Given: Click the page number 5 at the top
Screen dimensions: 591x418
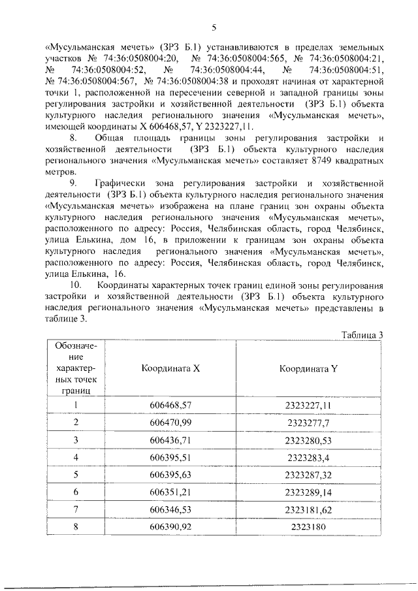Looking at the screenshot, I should coord(214,27).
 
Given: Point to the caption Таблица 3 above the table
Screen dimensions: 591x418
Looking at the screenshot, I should coord(361,335).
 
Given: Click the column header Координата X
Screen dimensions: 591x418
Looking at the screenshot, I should coord(170,368).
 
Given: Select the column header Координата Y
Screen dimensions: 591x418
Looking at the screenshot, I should coord(308,368).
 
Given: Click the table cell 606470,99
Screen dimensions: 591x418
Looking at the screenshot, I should coord(170,423).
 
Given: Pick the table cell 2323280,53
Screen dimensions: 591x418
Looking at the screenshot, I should coord(308,439).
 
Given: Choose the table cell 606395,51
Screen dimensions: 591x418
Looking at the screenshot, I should coord(170,456).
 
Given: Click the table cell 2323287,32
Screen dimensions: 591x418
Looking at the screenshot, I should coord(308,473).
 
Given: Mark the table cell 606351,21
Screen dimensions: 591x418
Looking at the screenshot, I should coord(170,490).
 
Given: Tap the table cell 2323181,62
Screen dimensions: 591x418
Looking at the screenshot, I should coord(308,507).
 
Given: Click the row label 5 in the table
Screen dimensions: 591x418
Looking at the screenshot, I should coord(76,473).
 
